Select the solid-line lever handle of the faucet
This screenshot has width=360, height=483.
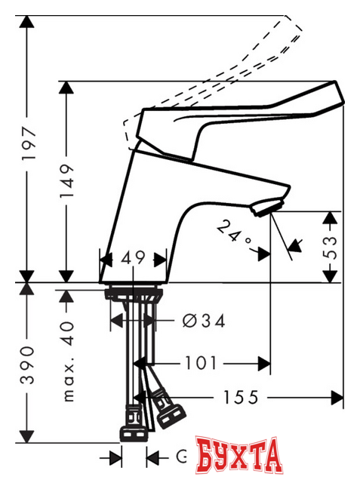coord(249,106)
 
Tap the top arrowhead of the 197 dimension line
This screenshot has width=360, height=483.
coord(28,21)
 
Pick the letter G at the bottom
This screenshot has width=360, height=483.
coord(181,457)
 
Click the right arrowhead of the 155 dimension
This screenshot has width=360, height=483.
coord(337,396)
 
